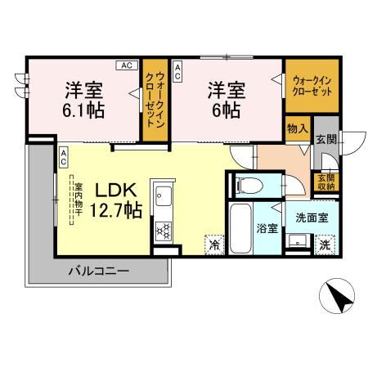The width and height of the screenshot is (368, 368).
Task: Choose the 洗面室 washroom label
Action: point(311,218)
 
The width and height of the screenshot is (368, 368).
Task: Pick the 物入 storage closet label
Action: point(296,128)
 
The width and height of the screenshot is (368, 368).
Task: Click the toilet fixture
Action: point(247,185)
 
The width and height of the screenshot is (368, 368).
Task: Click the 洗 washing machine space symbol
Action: point(325,244)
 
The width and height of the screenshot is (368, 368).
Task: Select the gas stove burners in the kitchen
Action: point(162,229)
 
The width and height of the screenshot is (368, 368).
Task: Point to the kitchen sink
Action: point(162,198)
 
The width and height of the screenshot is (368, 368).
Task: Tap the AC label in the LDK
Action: point(62,157)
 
